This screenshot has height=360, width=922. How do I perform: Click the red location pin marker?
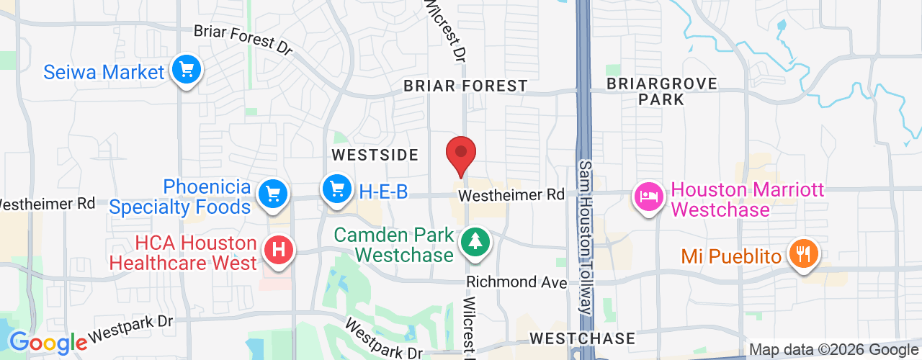point(461,153)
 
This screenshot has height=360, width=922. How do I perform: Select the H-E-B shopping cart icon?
point(336,189)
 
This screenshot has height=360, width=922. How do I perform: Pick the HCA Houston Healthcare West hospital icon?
point(279,251)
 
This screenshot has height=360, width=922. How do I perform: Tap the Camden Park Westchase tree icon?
point(475,241)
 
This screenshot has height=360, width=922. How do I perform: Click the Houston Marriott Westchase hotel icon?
point(648,197)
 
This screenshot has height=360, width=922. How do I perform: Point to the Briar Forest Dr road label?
point(243,40)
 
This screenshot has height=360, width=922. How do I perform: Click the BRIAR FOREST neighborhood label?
point(465,86)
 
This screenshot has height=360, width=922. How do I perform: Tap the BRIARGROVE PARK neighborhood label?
point(661,91)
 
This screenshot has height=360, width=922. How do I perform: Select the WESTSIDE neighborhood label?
point(375,155)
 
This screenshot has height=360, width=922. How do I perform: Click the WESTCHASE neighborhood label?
point(582,338)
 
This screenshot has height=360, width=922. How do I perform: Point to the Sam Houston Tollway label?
point(586,238)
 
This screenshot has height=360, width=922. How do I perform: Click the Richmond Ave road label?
point(516,282)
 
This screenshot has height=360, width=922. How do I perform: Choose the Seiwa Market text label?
point(104,73)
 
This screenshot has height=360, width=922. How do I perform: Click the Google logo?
point(48,343)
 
